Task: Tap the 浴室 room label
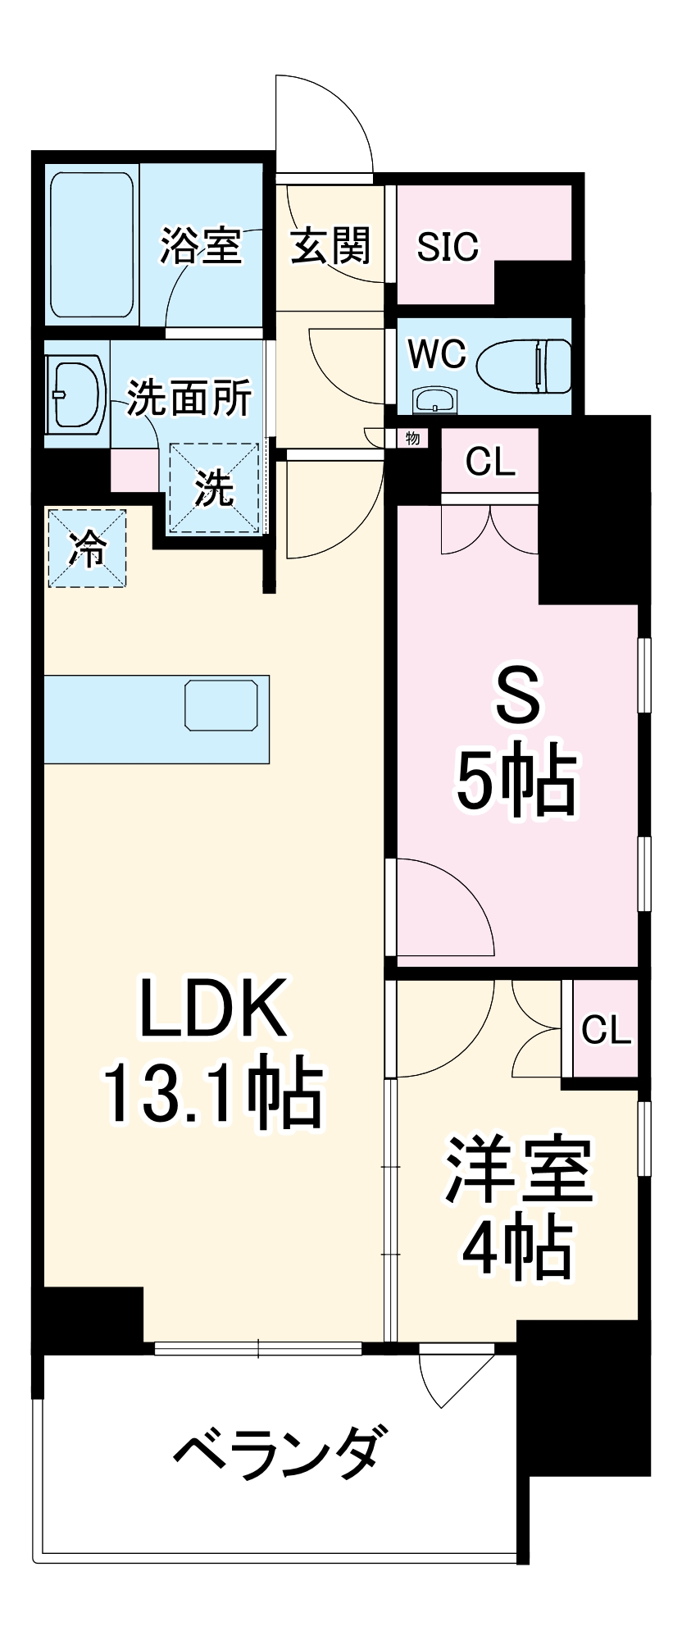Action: [x=201, y=245]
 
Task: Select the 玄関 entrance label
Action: [x=331, y=245]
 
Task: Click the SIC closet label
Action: [x=447, y=246]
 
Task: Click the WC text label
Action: [x=437, y=355]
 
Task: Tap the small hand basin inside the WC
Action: [x=434, y=400]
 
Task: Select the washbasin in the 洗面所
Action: [x=76, y=393]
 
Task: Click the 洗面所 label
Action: [x=189, y=399]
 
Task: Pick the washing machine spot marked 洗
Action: [x=214, y=489]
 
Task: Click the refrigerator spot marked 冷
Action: [x=87, y=548]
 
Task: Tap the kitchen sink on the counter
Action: [x=221, y=704]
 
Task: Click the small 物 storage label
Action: [x=412, y=439]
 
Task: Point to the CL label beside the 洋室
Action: [x=606, y=1030]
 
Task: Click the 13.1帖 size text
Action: [x=212, y=1094]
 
